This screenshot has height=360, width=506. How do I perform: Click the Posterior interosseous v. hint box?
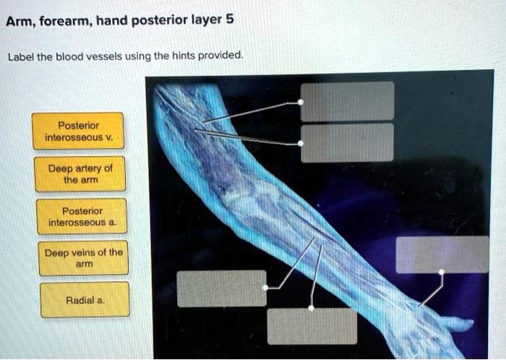[78, 131]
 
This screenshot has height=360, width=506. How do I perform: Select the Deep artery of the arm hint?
[80, 173]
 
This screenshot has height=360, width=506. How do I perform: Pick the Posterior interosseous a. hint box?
[82, 216]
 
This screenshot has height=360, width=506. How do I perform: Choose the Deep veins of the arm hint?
[83, 258]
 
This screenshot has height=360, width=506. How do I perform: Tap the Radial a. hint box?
[85, 300]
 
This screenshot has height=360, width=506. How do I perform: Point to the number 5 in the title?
[230, 20]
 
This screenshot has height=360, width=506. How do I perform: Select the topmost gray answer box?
[348, 100]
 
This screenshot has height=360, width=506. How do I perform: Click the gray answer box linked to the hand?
[442, 254]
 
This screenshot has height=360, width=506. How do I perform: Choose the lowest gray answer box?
[312, 327]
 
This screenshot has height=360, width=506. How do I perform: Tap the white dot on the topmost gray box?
[301, 103]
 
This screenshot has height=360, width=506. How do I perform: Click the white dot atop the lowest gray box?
[312, 308]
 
